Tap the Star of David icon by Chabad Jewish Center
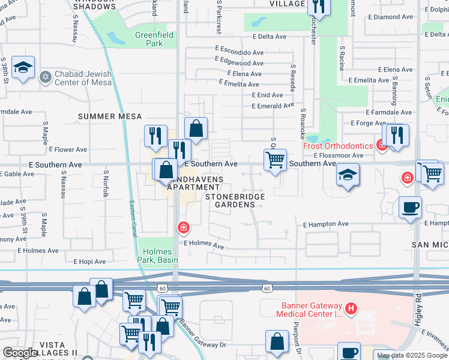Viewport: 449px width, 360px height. pos(44,77)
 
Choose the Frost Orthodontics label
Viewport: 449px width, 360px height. pos(337,146)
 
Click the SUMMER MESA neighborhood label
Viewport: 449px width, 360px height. pos(109,116)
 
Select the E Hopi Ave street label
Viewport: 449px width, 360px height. pos(89,262)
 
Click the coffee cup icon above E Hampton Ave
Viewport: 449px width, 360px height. pos(411,208)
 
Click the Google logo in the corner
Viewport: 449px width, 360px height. pos(20,353)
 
